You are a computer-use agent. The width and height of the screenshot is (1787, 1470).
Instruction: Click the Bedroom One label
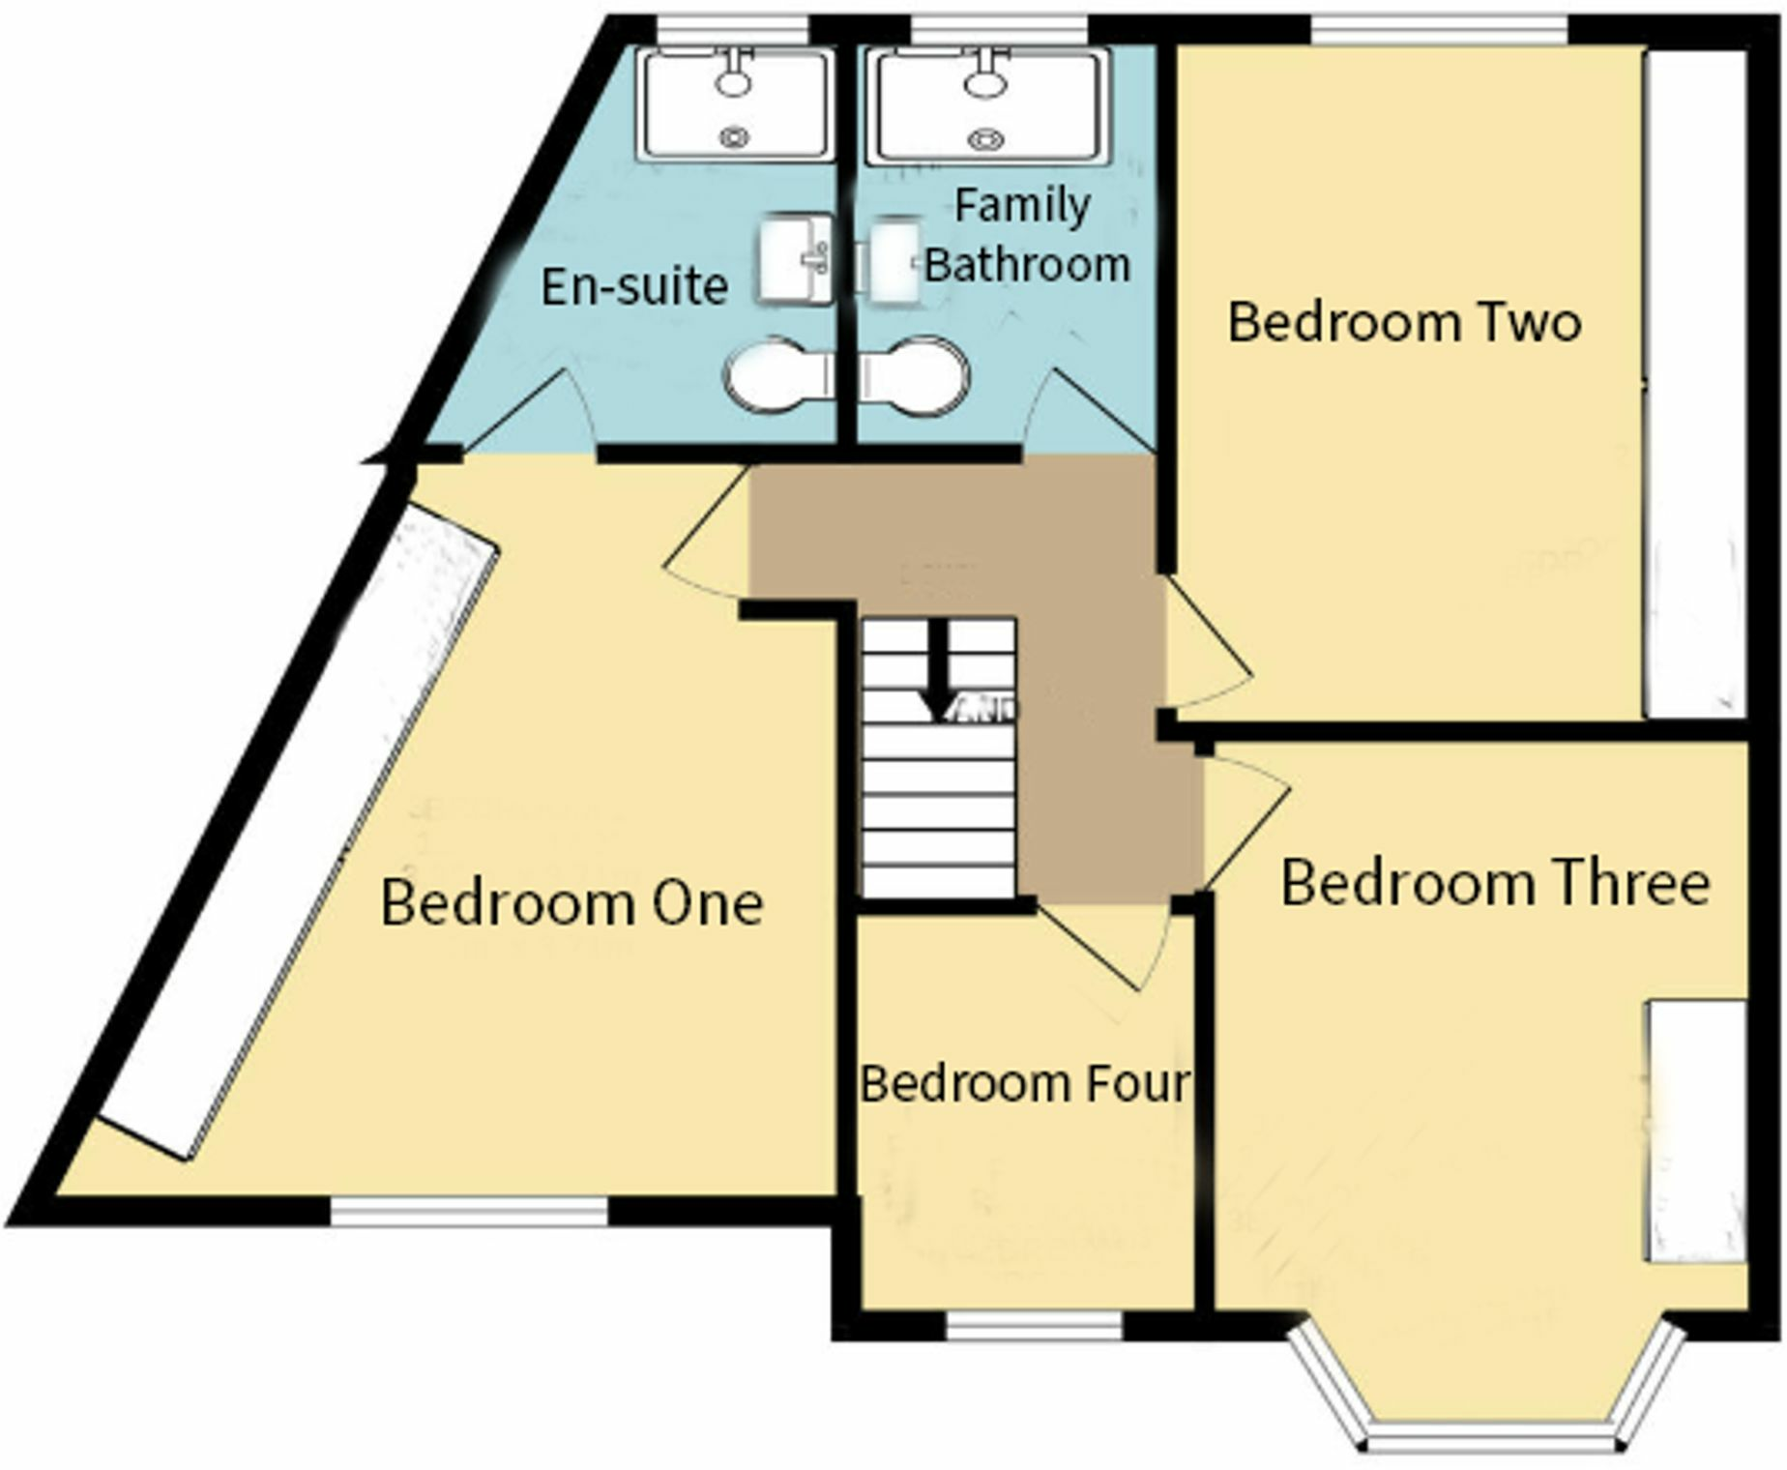571,903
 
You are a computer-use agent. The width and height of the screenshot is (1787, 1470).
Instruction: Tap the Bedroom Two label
1403,322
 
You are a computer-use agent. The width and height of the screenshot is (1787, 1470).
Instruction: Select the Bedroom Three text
1494,883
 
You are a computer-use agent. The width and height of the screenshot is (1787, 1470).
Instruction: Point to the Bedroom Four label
1025,1083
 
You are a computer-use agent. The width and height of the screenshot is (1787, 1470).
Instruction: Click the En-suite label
633,286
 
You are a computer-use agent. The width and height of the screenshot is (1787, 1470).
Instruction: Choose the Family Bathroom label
1025,235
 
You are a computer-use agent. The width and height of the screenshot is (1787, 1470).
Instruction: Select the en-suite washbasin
795,259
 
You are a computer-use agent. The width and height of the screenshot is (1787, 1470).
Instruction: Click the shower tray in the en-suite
735,104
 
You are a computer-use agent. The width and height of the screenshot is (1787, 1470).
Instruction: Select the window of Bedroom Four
1033,1326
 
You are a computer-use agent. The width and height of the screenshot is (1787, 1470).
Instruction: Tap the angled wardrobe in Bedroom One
300,832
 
